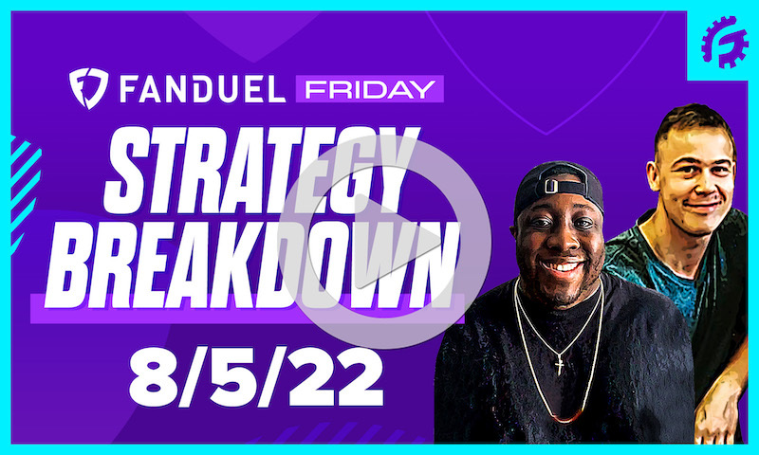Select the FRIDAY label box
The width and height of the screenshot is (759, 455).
(x=369, y=90)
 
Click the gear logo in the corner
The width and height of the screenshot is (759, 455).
(x=724, y=43)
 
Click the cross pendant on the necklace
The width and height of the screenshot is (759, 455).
(x=559, y=362)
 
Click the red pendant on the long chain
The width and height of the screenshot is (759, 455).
(x=566, y=418)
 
